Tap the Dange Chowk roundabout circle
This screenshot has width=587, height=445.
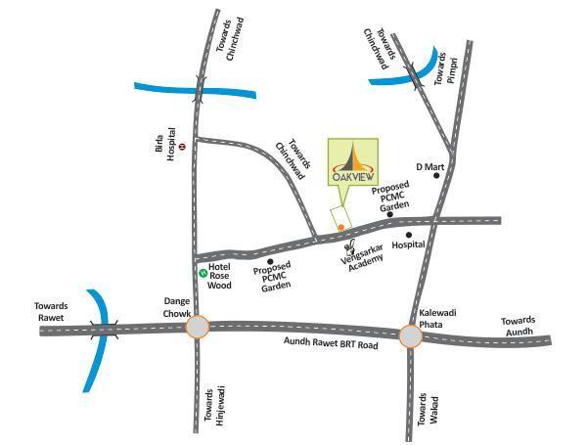(198, 327)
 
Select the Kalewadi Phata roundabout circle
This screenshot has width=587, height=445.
(411, 335)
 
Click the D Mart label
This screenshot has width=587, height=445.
(431, 167)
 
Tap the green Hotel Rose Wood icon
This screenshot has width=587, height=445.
(203, 271)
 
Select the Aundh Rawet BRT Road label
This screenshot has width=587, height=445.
(330, 344)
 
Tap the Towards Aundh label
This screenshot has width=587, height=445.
(518, 326)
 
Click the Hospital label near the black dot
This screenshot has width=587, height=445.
(408, 245)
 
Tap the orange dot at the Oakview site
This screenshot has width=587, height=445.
(340, 227)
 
